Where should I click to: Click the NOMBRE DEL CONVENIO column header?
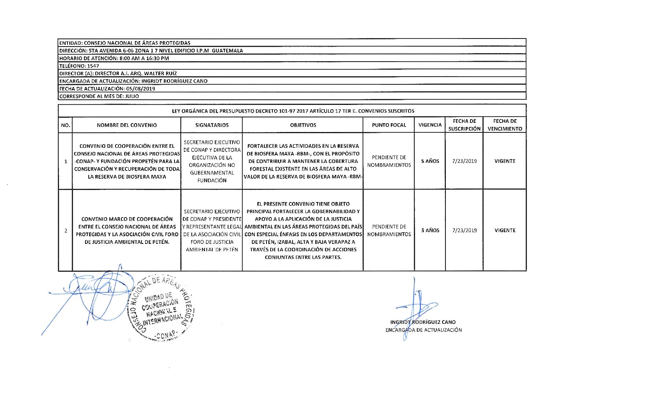(126, 125)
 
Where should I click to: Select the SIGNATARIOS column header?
(212, 125)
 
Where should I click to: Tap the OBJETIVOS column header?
(303, 125)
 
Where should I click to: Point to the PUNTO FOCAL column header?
(389, 125)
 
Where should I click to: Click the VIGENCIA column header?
(430, 125)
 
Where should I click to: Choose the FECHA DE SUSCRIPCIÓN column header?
(464, 125)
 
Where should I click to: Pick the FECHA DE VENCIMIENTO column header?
(505, 125)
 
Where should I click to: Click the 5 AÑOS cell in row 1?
(430, 161)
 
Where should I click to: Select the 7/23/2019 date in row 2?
(465, 230)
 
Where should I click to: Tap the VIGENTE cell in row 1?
(505, 161)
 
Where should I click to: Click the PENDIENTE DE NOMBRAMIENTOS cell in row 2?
(389, 230)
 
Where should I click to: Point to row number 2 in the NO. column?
(66, 231)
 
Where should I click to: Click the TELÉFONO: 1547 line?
(79, 66)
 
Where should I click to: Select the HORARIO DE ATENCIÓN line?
(114, 58)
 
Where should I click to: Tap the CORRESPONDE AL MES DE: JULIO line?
(99, 96)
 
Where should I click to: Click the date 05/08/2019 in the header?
(140, 89)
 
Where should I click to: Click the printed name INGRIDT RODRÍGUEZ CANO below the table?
(423, 322)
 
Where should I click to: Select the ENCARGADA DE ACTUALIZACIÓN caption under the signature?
(423, 330)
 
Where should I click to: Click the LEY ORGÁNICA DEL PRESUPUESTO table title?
(293, 111)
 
